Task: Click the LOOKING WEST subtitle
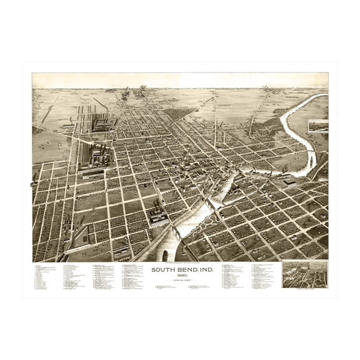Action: (180, 281)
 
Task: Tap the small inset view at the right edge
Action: (318, 126)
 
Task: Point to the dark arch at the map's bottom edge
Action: (163, 256)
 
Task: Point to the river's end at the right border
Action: (325, 96)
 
